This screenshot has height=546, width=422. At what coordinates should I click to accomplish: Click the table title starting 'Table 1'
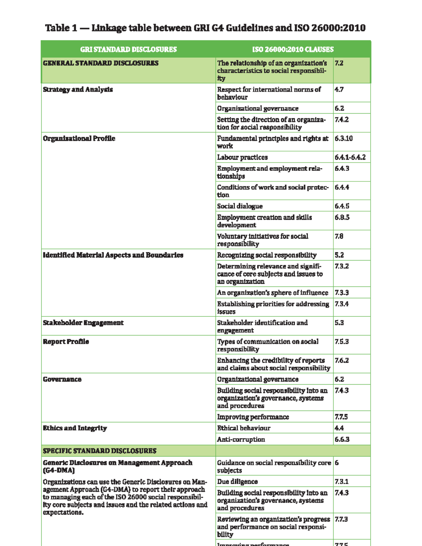[x=205, y=28]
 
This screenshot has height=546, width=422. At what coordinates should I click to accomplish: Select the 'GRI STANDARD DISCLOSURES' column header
[x=128, y=50]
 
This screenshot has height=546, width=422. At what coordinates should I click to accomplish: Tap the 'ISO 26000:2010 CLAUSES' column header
[x=293, y=50]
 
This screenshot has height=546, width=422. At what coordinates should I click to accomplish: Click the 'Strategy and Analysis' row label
[x=78, y=90]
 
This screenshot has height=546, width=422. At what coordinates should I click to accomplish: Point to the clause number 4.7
[x=339, y=90]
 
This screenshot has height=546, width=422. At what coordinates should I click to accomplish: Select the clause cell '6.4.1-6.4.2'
[x=350, y=158]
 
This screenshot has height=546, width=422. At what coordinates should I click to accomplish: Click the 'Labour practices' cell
[x=242, y=158]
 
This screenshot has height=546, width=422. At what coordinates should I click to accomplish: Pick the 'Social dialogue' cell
[x=240, y=206]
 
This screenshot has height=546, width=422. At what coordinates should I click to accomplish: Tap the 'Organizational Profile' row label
[x=79, y=139]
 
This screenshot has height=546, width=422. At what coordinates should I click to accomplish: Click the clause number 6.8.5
[x=342, y=218]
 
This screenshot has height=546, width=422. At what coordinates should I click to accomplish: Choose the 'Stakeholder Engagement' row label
[x=83, y=323]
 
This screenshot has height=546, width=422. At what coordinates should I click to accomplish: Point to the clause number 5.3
[x=339, y=323]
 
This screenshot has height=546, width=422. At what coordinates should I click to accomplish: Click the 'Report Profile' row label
[x=66, y=342]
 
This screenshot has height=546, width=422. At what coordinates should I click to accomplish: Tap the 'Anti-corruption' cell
[x=241, y=439]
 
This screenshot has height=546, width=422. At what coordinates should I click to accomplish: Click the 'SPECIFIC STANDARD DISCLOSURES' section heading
[x=100, y=451]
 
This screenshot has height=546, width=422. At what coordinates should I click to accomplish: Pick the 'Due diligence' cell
[x=237, y=482]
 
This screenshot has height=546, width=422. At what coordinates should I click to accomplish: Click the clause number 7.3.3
[x=341, y=293]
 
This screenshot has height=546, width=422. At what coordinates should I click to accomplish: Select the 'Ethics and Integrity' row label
[x=75, y=428]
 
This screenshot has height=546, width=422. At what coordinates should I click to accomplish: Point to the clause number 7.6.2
[x=341, y=361]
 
